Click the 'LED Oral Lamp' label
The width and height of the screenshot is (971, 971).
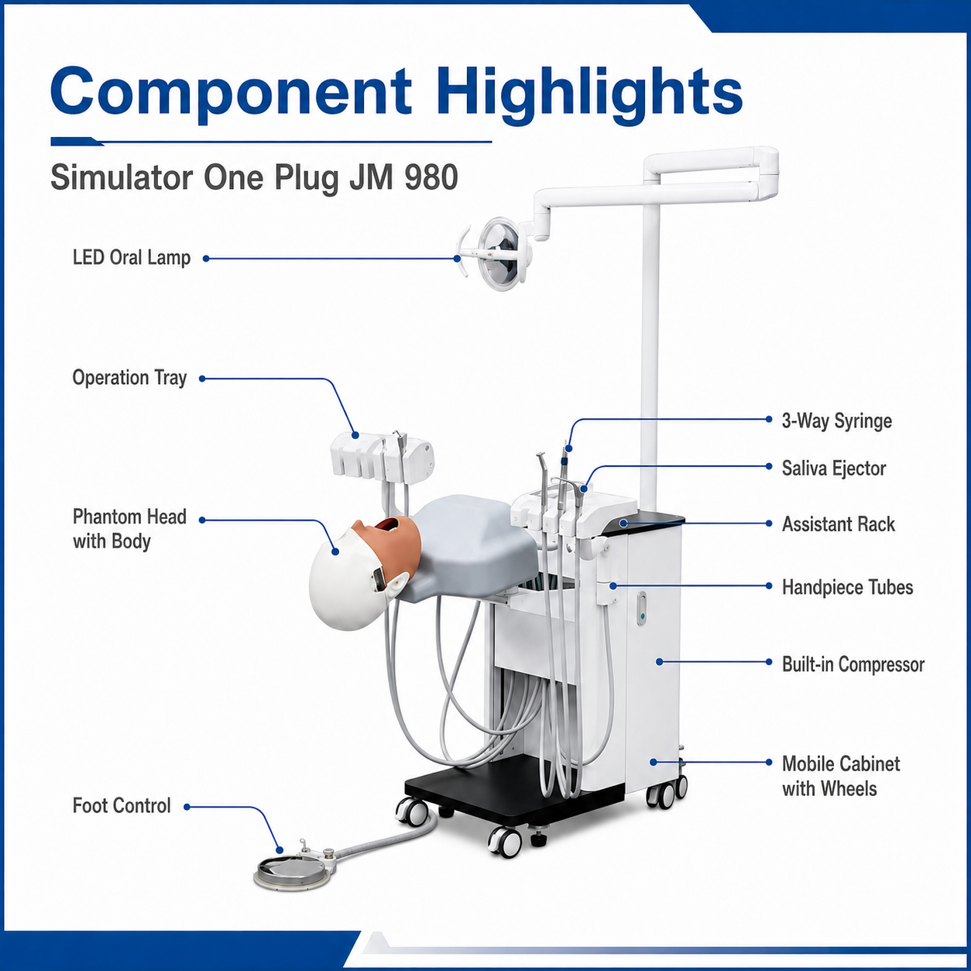(132, 258)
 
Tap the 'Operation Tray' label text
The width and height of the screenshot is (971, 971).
(129, 378)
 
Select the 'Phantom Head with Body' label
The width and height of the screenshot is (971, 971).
(129, 529)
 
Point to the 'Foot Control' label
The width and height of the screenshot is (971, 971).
(122, 806)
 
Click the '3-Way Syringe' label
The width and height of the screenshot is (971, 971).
(836, 420)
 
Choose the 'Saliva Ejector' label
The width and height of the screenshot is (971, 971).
(833, 468)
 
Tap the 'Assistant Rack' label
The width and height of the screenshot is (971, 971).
(838, 524)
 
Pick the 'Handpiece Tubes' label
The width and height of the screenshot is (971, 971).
(847, 588)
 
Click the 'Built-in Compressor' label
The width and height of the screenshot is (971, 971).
(853, 664)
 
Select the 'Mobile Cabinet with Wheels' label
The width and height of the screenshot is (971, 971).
(840, 777)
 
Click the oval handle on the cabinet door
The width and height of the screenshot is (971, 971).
(641, 608)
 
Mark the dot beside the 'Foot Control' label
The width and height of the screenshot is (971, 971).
(187, 807)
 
